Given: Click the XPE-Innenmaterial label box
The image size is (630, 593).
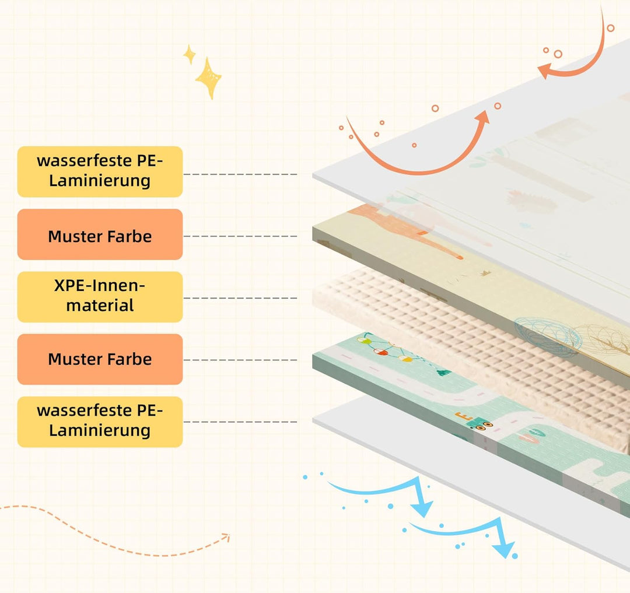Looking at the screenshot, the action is point(100,297).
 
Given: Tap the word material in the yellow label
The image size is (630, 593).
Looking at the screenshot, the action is point(100,306).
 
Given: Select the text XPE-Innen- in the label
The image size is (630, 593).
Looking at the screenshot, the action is point(100,286).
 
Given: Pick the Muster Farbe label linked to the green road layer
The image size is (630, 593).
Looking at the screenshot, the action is point(100,359).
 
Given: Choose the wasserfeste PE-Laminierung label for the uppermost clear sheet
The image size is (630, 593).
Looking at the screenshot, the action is point(100,171).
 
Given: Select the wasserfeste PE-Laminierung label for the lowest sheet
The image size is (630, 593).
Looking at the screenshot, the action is point(100,422).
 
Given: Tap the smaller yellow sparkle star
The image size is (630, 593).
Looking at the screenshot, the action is point(190,55).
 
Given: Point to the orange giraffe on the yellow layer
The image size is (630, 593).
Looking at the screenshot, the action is point(406,229).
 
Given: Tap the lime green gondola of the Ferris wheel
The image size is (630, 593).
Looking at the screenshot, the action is point(364,341).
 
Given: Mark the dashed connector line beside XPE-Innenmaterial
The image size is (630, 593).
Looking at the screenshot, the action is point(240,298).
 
